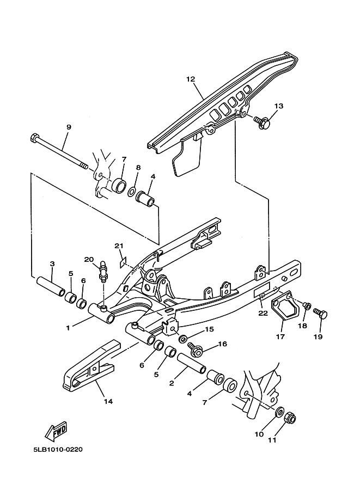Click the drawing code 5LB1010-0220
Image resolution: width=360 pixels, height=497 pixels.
pos(58,450)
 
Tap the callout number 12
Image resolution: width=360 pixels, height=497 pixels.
pos(191,79)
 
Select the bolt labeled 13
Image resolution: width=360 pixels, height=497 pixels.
pos(263,122)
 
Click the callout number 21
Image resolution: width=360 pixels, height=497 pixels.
pos(119,246)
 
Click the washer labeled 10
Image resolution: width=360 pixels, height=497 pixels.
pos(279,412)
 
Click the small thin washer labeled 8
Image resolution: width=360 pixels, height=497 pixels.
pos(132,192)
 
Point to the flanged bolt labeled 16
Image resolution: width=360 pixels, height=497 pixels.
pos(194,348)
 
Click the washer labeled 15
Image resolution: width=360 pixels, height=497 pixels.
pos(183,339)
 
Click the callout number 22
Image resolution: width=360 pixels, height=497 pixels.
pos(263,313)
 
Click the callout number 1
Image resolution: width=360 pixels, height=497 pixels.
pos(68,328)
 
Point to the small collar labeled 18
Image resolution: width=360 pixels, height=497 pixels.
pos(307,306)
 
